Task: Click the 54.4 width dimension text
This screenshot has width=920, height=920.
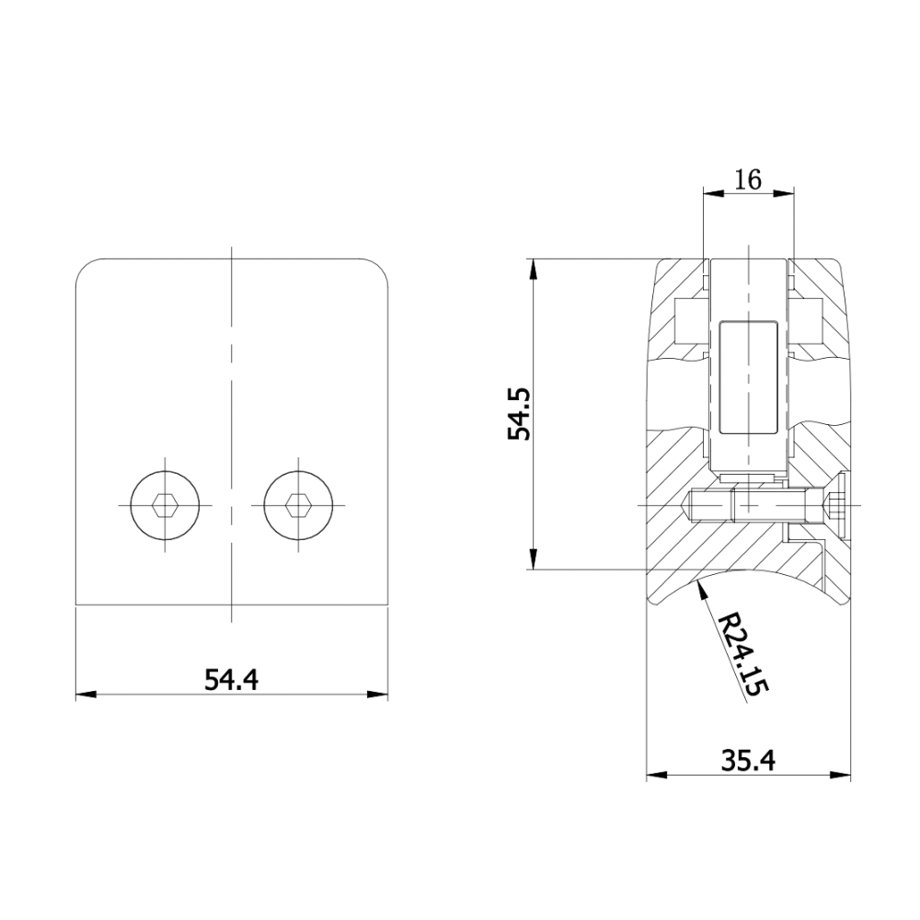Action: [x=231, y=680]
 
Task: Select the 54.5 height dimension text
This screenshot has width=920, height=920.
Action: [x=519, y=414]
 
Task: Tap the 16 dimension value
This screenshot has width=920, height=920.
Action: [x=748, y=179]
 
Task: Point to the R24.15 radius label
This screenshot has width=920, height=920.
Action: [x=742, y=654]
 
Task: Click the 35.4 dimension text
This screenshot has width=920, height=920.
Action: [x=748, y=761]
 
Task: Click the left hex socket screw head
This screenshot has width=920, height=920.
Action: [x=165, y=504]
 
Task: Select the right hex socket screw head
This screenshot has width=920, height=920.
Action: [x=298, y=504]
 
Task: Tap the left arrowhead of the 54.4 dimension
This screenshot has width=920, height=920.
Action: [x=86, y=695]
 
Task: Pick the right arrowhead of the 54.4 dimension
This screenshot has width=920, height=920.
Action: [x=378, y=695]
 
